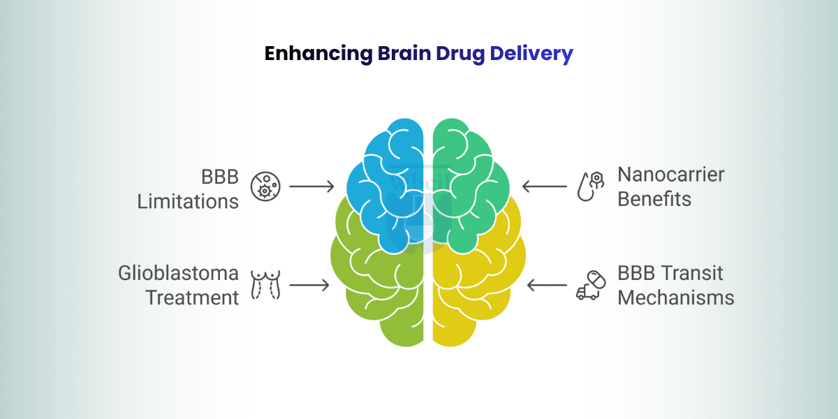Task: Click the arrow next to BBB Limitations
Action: (x=312, y=186)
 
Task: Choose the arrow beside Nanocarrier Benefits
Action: (x=545, y=186)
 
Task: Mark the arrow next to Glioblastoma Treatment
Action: (x=309, y=285)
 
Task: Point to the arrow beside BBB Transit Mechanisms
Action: (x=547, y=285)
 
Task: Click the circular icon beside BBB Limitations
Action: (x=265, y=186)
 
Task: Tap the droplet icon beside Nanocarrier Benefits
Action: (x=590, y=186)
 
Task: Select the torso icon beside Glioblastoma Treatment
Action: (x=265, y=285)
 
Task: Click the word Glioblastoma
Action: (x=178, y=273)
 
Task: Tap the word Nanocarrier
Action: (x=671, y=174)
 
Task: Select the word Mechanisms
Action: (x=675, y=297)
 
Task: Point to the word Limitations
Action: (x=188, y=200)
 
